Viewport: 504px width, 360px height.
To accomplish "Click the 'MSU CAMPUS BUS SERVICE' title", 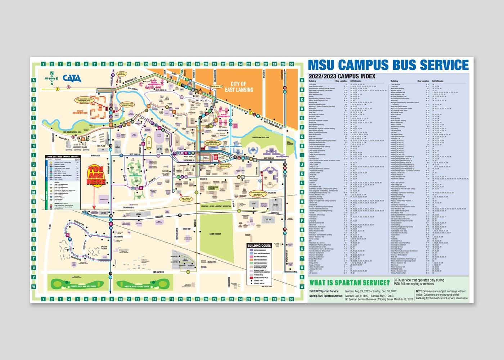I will pyautogui.click(x=389, y=65).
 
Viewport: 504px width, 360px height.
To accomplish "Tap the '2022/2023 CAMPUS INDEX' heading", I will pyautogui.click(x=342, y=76).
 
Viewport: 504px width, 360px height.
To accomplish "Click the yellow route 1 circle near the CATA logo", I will pyautogui.click(x=57, y=88).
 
